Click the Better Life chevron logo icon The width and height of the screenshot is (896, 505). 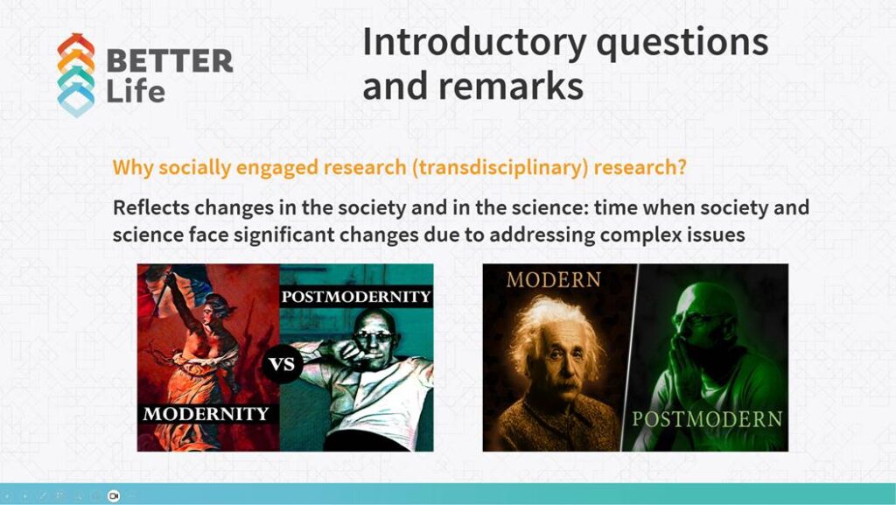(x=76, y=75)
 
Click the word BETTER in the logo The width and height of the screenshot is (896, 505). (x=170, y=60)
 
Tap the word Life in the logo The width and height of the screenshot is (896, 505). (x=136, y=91)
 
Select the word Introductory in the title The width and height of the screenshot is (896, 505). (x=474, y=44)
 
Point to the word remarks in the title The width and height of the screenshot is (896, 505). (x=511, y=86)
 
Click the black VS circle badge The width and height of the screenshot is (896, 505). (x=283, y=364)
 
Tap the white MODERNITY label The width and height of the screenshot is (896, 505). (x=206, y=414)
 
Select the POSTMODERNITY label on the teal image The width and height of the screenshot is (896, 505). (x=356, y=297)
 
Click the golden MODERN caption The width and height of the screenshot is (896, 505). (x=553, y=280)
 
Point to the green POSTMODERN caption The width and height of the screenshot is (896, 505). (x=707, y=419)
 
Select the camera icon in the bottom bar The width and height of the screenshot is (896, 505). (x=114, y=495)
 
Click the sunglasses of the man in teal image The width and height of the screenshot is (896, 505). (x=374, y=337)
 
